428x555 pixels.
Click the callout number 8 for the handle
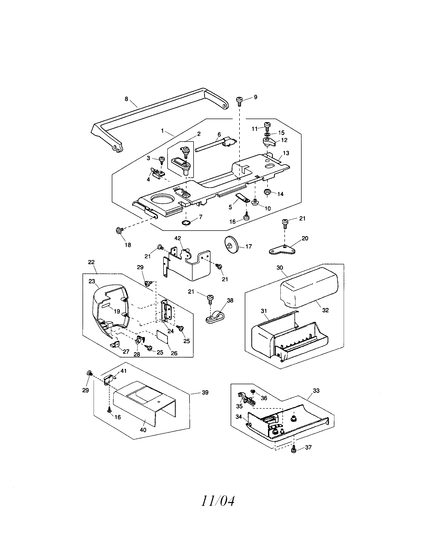coord(126,99)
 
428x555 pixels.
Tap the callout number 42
coord(178,238)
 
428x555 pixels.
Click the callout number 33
coord(316,391)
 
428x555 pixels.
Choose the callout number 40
coord(143,430)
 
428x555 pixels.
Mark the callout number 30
coord(280,268)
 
